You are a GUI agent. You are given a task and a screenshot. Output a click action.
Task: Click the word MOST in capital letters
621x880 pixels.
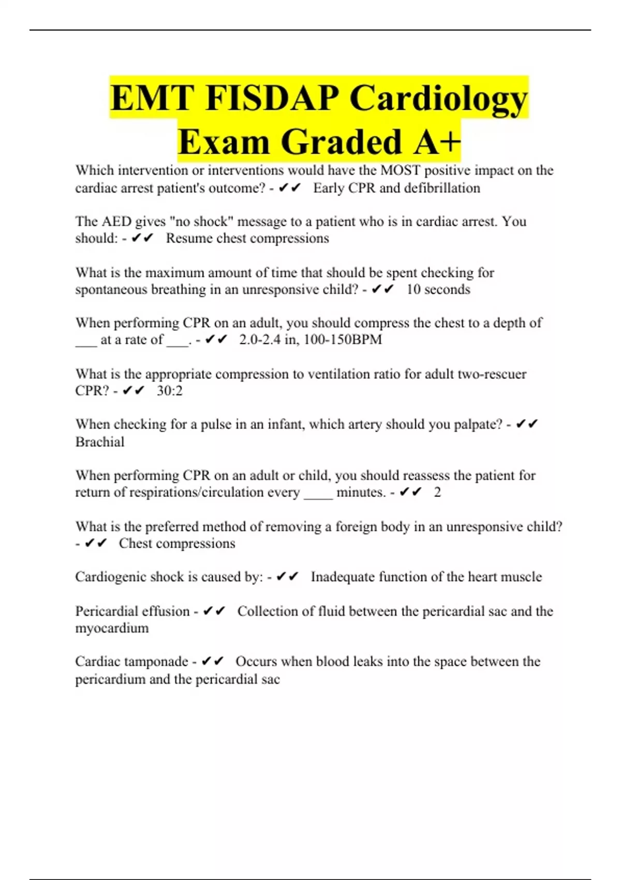(x=400, y=170)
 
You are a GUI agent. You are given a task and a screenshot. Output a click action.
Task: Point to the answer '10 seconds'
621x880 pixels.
(x=438, y=289)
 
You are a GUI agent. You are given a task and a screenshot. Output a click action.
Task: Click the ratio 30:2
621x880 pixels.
(x=170, y=391)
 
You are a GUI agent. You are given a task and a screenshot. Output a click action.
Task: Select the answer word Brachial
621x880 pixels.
(x=100, y=442)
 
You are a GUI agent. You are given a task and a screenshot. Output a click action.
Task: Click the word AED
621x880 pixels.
(x=116, y=222)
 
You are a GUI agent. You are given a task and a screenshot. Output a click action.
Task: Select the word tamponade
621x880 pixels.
(x=157, y=662)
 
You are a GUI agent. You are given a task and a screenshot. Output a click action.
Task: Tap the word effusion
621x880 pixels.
(x=166, y=611)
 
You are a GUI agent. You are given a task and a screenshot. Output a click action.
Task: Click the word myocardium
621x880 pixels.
(x=112, y=628)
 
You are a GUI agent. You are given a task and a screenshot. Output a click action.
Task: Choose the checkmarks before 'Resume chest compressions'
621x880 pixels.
(x=142, y=239)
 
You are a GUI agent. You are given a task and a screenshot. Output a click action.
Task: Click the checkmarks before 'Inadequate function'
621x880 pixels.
(x=287, y=577)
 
